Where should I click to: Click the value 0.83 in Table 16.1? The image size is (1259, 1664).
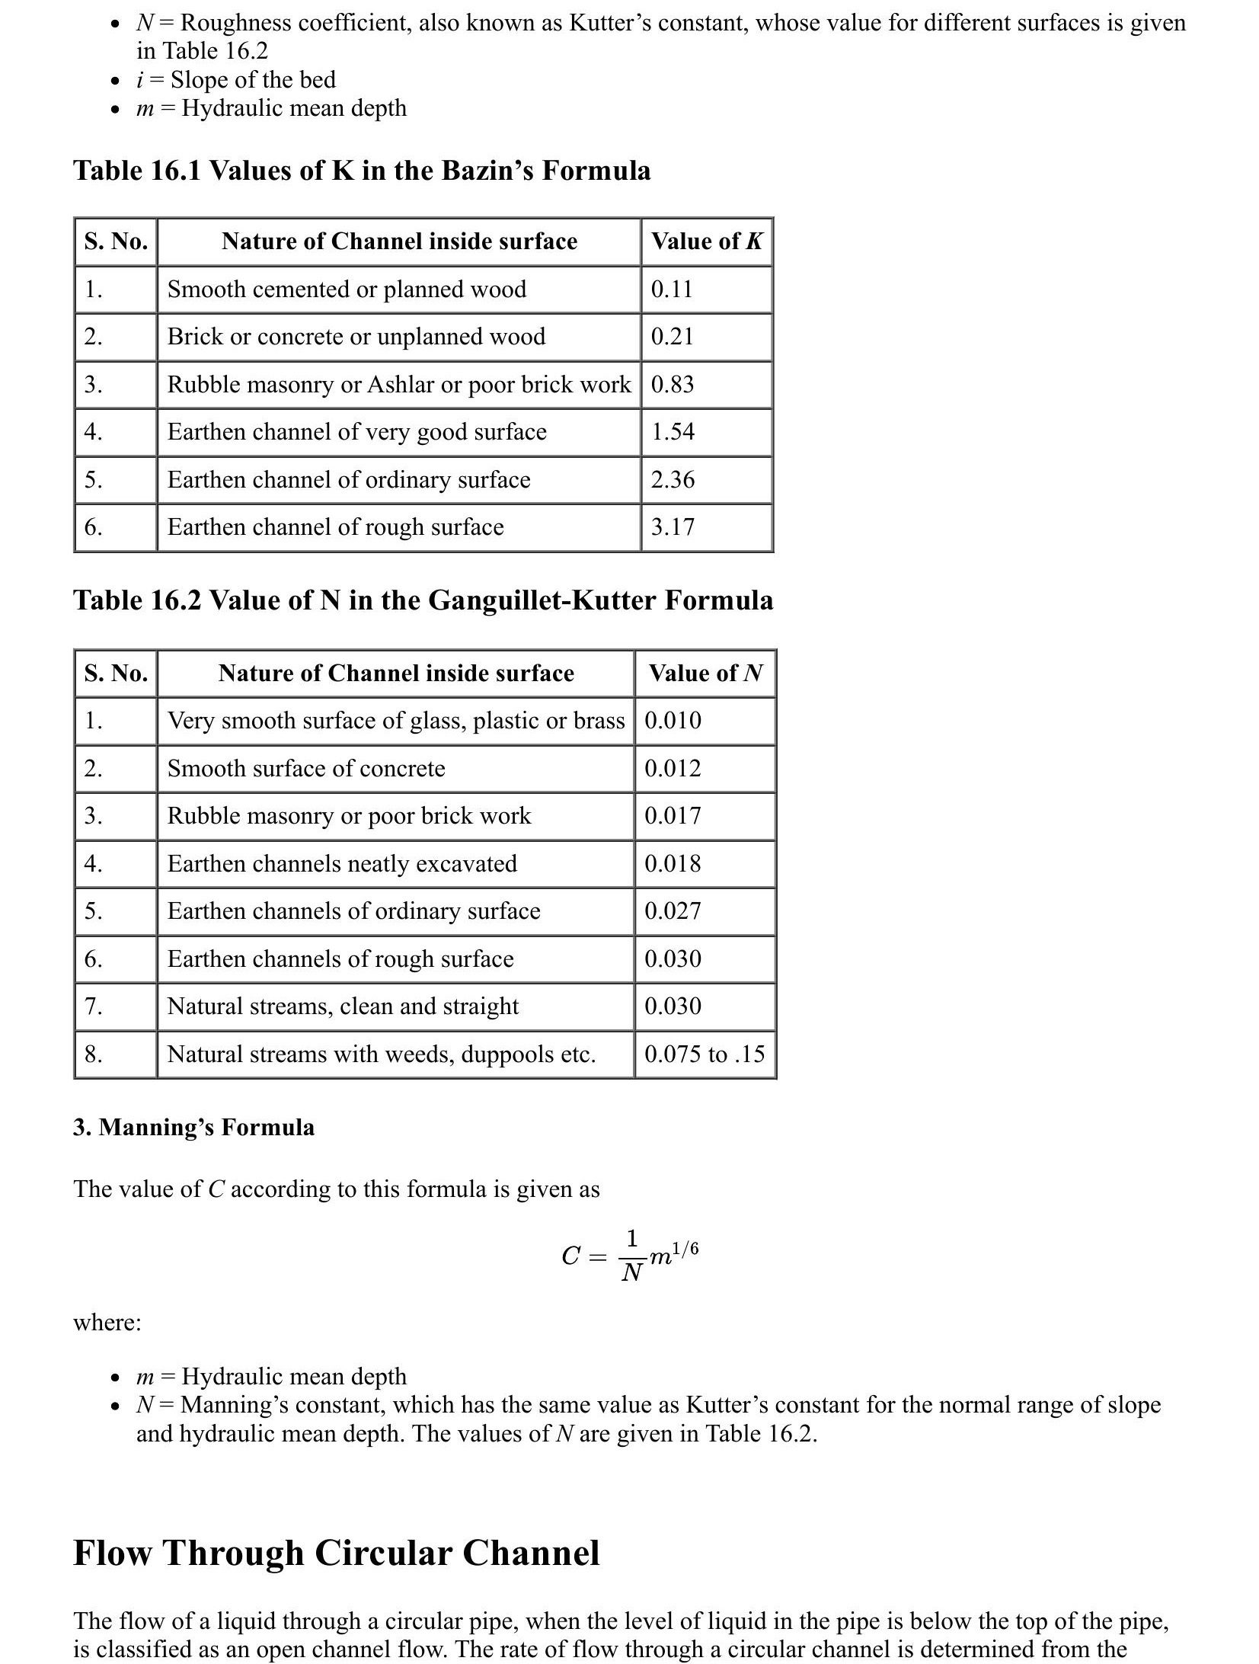pyautogui.click(x=673, y=385)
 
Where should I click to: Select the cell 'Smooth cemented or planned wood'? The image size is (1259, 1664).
pyautogui.click(x=347, y=290)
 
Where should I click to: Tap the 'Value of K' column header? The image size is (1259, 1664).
pyautogui.click(x=706, y=242)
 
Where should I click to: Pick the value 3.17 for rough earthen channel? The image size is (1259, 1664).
pyautogui.click(x=673, y=527)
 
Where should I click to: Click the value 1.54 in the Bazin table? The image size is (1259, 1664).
pyautogui.click(x=673, y=432)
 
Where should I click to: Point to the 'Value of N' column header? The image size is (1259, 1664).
pyautogui.click(x=705, y=674)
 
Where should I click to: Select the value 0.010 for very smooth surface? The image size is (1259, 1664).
pyautogui.click(x=673, y=721)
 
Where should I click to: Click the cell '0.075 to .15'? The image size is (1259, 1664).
pyautogui.click(x=705, y=1054)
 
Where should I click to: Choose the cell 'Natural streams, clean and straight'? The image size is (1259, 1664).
pyautogui.click(x=343, y=1006)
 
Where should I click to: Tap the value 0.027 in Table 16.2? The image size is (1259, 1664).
pyautogui.click(x=673, y=911)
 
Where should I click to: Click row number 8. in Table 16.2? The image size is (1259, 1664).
pyautogui.click(x=94, y=1054)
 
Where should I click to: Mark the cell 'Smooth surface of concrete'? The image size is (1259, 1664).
pyautogui.click(x=306, y=769)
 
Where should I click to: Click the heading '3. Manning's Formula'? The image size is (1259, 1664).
pyautogui.click(x=193, y=1128)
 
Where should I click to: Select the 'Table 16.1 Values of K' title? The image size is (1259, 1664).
pyautogui.click(x=362, y=171)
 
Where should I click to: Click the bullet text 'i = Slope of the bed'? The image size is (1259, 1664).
pyautogui.click(x=235, y=80)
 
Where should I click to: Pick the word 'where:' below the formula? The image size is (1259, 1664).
pyautogui.click(x=107, y=1322)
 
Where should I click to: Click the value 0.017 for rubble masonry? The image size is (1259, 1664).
pyautogui.click(x=673, y=816)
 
